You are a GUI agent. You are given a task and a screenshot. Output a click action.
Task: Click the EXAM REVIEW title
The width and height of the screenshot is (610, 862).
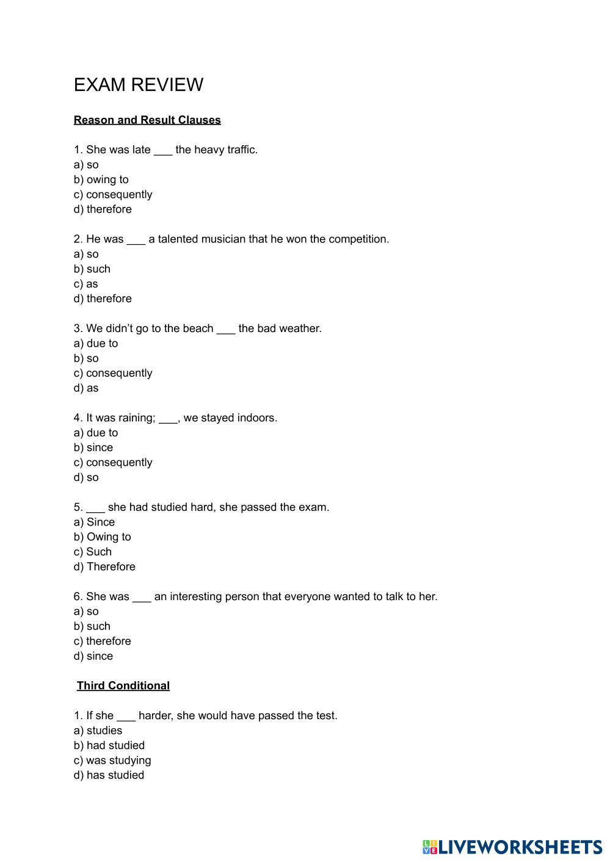[x=138, y=85]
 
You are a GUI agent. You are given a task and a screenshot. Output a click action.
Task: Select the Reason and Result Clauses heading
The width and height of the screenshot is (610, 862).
[x=147, y=120]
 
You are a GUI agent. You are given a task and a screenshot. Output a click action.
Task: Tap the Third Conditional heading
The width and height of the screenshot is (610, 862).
[x=123, y=686]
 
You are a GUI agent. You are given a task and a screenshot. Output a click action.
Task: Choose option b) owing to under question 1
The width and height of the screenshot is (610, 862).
[x=101, y=179]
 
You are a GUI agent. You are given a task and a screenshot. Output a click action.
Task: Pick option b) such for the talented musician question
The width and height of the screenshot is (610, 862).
[x=92, y=269]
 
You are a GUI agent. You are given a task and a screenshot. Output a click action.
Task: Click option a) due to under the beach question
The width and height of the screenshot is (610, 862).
[x=96, y=343]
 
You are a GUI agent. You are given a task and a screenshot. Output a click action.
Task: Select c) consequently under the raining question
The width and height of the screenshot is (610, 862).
[x=113, y=462]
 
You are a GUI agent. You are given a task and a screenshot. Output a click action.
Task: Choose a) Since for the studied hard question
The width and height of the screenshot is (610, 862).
[x=94, y=522]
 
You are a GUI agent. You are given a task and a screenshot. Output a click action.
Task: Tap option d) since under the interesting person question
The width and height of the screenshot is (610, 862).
[x=93, y=656]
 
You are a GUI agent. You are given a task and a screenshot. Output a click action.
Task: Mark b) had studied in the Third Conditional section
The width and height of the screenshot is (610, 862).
[x=109, y=745]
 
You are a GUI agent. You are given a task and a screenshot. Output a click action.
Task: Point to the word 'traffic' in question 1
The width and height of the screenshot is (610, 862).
[x=242, y=150]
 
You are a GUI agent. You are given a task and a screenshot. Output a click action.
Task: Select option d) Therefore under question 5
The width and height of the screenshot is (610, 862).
[x=104, y=567]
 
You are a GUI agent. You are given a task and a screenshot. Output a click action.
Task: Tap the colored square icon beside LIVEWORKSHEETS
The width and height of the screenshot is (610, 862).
[x=430, y=847]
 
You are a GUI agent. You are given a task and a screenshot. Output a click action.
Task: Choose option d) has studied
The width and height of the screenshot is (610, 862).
[x=109, y=775]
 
